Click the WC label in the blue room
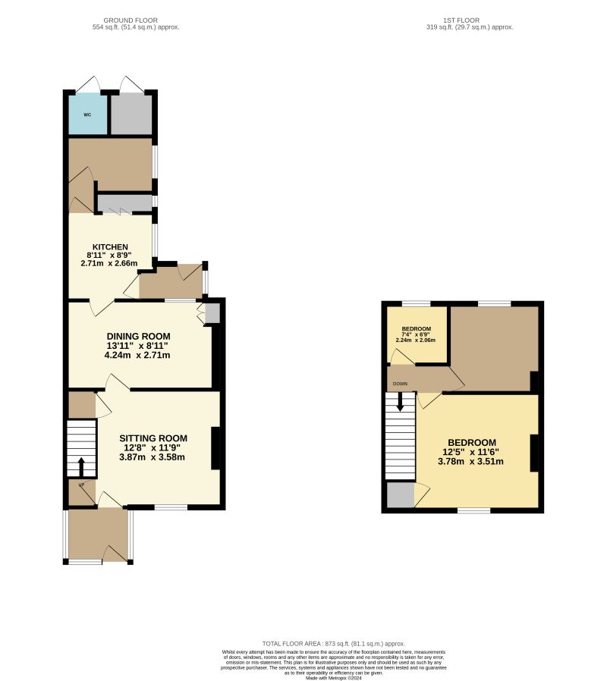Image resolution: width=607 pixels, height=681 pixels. pos(86,115)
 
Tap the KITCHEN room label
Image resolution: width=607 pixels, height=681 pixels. pos(110,247)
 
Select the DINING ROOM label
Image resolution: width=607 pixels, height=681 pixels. pos(138,336)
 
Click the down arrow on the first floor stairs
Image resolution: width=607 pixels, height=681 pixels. pos(400,403)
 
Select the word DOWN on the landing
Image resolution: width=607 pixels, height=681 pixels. pos(400,384)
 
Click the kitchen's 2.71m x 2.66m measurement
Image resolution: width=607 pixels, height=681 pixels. pos(110,264)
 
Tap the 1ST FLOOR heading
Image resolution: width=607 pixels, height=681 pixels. pos(470,20)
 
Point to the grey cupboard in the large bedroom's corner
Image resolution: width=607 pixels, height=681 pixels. pos(400,495)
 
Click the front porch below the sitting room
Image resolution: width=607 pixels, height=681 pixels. pos(98,535)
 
